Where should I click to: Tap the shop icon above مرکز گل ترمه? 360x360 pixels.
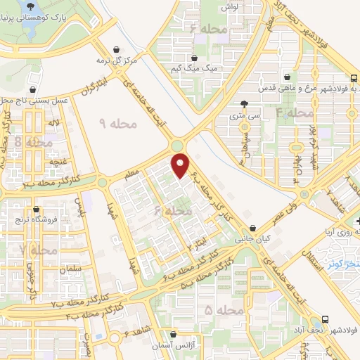(117, 49)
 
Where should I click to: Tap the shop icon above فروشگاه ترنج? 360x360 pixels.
(36, 209)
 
